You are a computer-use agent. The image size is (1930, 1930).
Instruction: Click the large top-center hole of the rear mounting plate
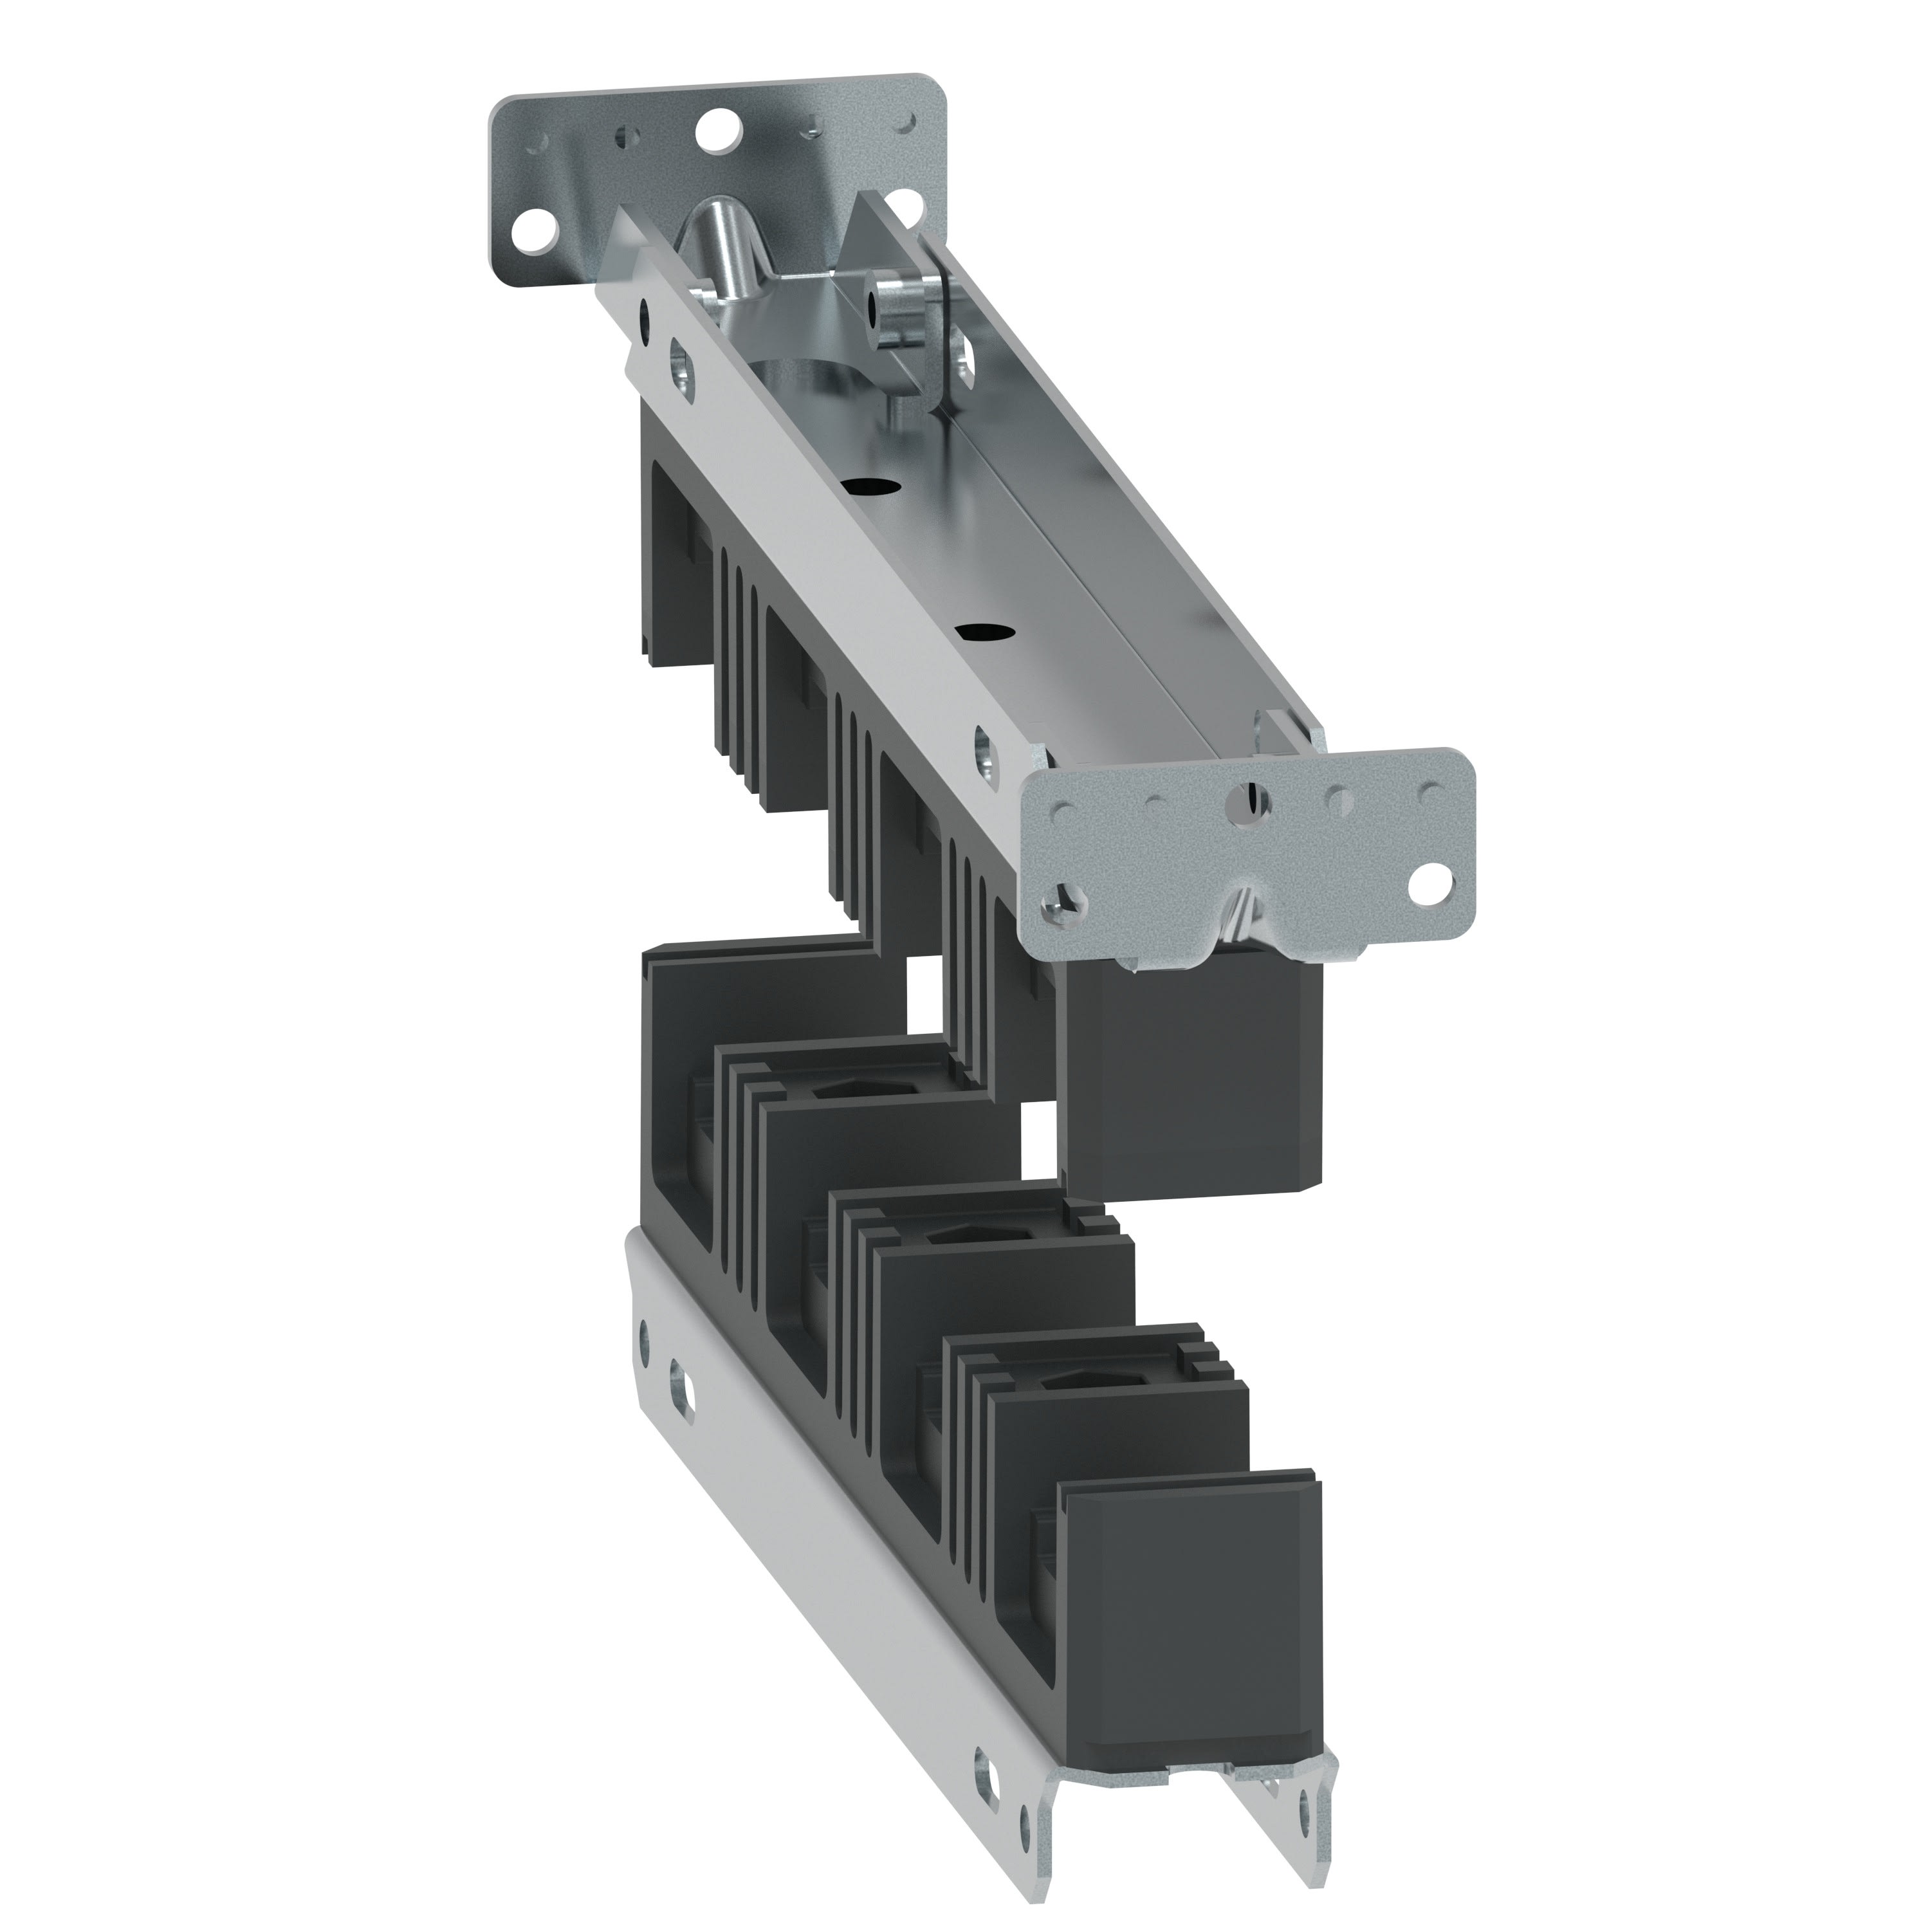coord(715,129)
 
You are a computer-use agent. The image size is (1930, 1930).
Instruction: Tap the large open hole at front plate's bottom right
coord(1440,879)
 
